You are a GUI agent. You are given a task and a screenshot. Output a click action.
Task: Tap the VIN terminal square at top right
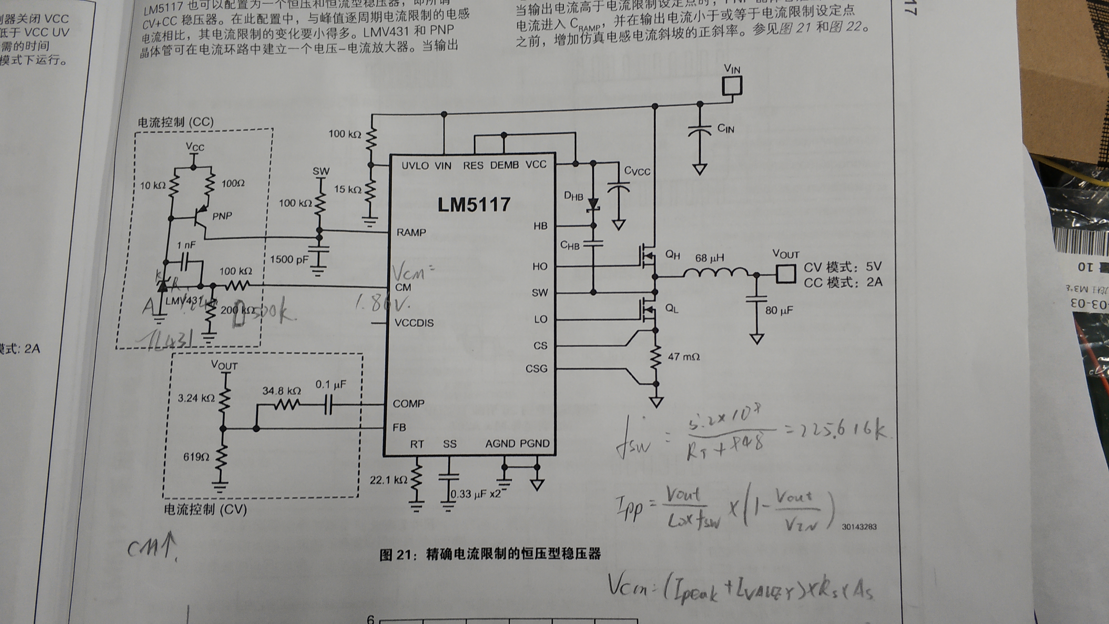(732, 86)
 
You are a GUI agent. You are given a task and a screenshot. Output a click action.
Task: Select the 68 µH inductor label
(709, 258)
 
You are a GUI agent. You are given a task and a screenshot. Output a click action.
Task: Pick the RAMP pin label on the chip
(411, 233)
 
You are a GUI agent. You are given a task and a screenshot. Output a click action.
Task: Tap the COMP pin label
(408, 404)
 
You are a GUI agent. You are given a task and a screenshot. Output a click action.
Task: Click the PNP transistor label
(222, 216)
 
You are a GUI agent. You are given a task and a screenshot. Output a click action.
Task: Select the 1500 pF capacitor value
(289, 259)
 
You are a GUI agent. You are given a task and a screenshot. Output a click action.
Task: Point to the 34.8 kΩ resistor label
(282, 390)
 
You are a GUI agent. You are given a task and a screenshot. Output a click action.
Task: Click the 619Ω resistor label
(196, 457)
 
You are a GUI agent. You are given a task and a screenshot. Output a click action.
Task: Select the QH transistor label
(672, 255)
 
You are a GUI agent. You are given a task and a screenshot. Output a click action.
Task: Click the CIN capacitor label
(725, 128)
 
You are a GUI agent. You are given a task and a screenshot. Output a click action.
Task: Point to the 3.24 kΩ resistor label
(196, 398)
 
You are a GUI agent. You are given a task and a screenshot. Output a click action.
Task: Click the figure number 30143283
(859, 527)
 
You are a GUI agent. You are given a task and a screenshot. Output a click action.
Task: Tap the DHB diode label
(573, 196)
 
